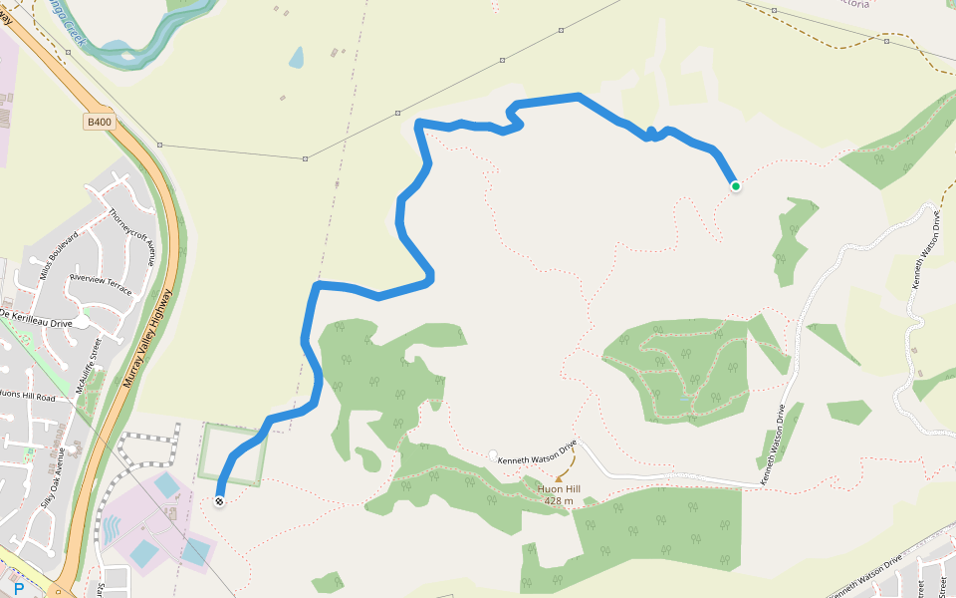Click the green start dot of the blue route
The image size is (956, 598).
coord(735,186)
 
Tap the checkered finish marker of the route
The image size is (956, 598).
coord(219,500)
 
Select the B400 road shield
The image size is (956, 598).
coord(100,122)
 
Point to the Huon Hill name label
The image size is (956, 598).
coord(558,489)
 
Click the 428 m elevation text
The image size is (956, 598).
coord(558,501)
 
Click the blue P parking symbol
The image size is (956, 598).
coord(18,589)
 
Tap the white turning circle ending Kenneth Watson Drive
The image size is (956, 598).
coord(493,455)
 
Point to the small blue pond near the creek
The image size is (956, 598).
coord(297,58)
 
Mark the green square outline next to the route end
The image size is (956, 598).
coord(233,455)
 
